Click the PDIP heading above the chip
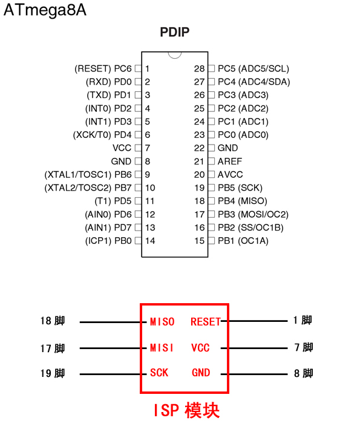(x=175, y=33)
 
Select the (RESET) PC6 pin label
(x=103, y=68)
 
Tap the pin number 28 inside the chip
(x=199, y=68)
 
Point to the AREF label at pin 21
(x=230, y=162)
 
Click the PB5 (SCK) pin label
(x=240, y=188)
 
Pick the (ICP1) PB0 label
(x=108, y=241)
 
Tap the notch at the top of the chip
(x=175, y=54)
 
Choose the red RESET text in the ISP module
(x=206, y=322)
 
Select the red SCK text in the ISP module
(x=159, y=373)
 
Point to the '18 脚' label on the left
(x=53, y=321)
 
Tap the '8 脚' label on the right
(x=303, y=373)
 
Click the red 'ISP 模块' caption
(x=185, y=411)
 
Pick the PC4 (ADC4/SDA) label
(x=253, y=82)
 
